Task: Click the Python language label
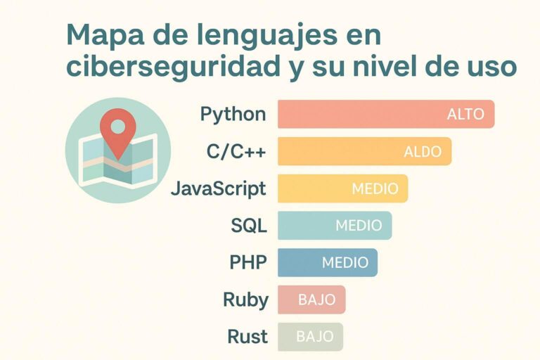click(x=233, y=114)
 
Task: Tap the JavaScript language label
click(x=218, y=188)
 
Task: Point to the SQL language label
click(x=249, y=226)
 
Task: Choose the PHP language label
click(x=248, y=262)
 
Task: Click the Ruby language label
click(x=245, y=300)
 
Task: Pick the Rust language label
click(x=247, y=337)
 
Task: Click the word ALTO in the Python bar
click(x=465, y=115)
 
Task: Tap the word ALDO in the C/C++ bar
click(x=423, y=151)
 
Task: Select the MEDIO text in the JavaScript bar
click(x=375, y=188)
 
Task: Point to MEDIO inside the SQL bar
click(x=359, y=226)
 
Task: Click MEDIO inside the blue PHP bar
click(x=345, y=262)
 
